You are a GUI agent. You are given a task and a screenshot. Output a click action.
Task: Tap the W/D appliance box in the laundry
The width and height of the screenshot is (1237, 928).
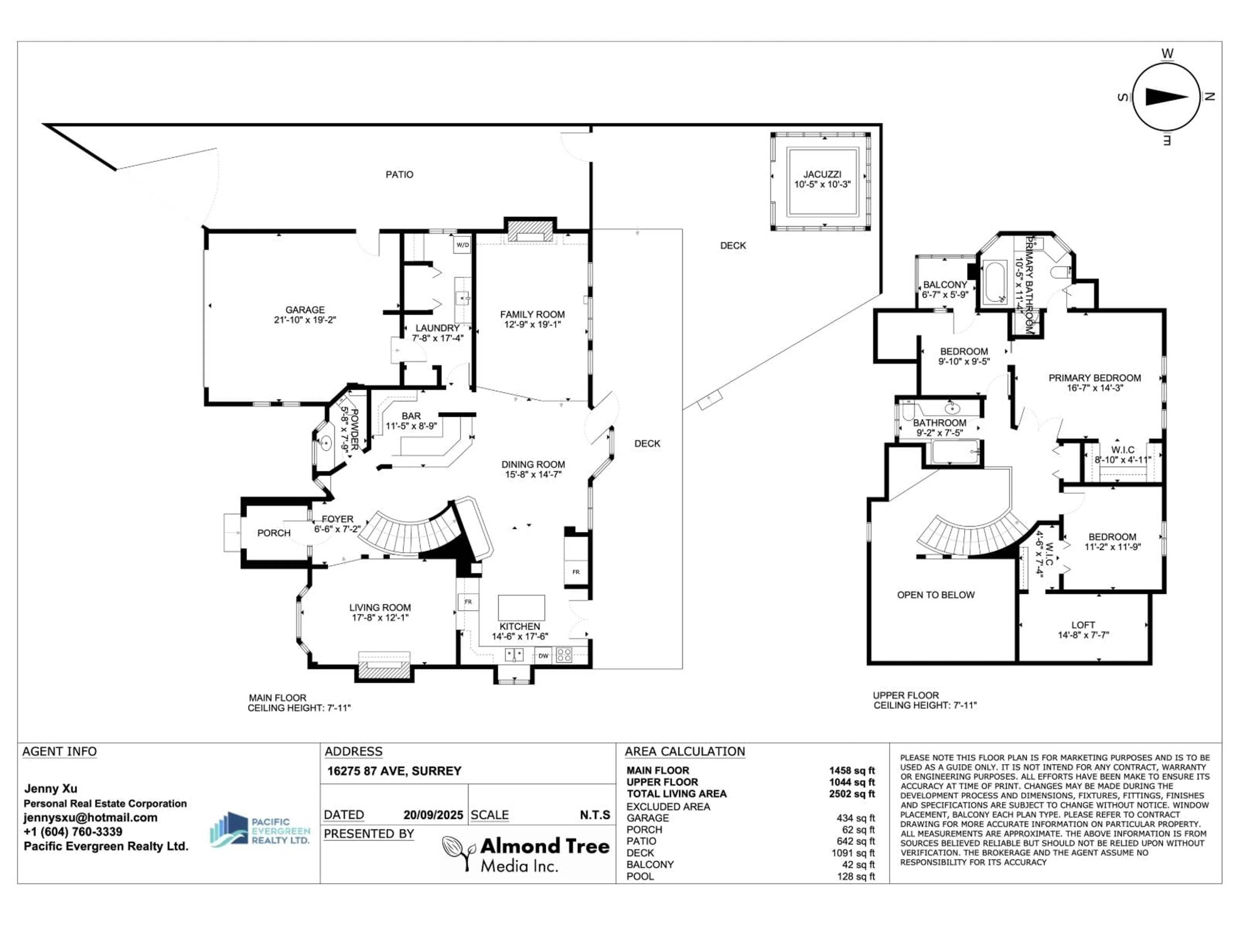click(463, 245)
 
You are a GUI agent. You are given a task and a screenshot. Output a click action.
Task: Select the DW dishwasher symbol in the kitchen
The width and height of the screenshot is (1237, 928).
click(543, 656)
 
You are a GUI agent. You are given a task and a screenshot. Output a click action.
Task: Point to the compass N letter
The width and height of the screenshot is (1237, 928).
click(1209, 97)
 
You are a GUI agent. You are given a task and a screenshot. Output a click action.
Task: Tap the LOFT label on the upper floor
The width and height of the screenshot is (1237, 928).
click(1083, 625)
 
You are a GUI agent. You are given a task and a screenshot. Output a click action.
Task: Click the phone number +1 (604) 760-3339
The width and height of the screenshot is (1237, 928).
click(73, 831)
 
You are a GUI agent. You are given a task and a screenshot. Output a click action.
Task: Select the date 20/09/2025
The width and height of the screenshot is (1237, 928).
click(433, 815)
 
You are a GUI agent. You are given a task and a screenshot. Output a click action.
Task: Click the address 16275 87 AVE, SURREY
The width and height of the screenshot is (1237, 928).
click(394, 771)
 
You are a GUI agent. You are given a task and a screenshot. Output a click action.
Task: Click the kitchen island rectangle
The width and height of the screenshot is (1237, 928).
click(521, 607)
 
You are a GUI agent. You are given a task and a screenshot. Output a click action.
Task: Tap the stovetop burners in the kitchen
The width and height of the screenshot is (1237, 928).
click(564, 655)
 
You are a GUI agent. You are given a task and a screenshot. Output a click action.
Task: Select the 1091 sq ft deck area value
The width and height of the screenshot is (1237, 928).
click(853, 853)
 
